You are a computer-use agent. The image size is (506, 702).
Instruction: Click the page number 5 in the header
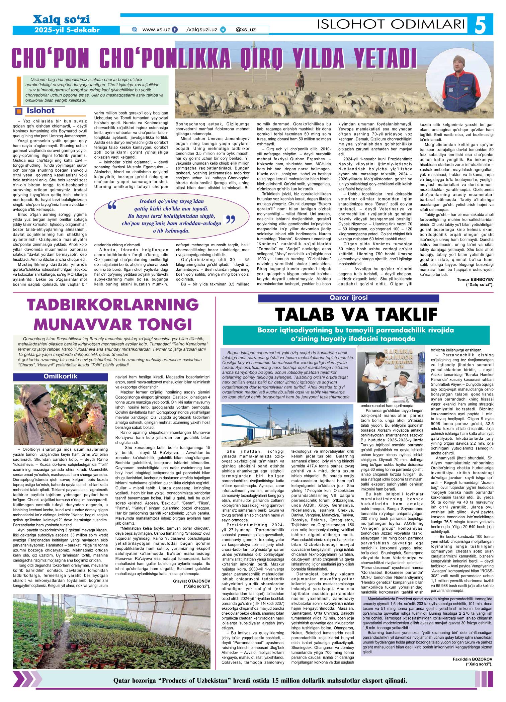[x=484, y=24]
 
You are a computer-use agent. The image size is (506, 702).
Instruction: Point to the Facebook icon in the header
[x=174, y=29]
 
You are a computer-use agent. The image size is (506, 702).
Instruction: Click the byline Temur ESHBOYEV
[x=475, y=279]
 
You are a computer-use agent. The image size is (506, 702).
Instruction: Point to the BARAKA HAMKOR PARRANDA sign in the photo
[x=392, y=357]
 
